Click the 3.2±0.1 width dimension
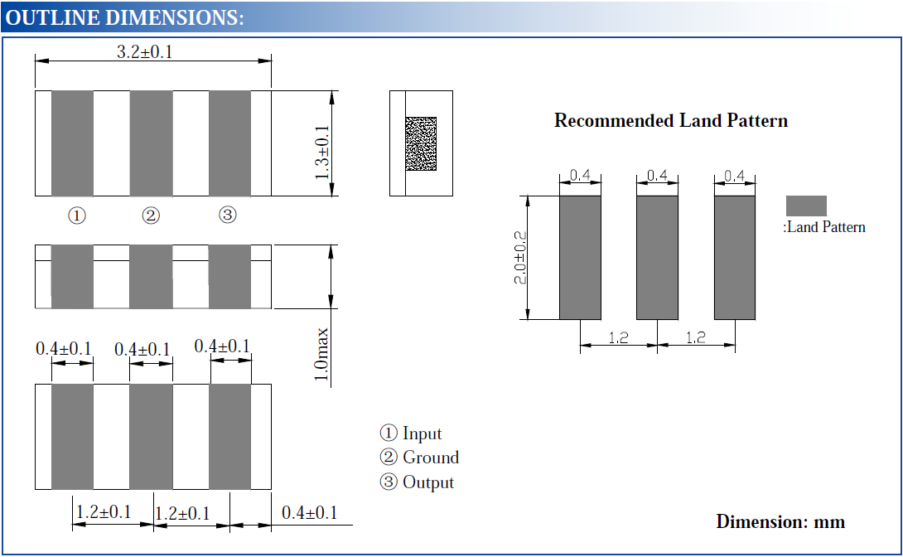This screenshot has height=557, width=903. tap(144, 52)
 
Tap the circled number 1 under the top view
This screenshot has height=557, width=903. tap(76, 216)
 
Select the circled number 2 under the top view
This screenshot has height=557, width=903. tap(151, 216)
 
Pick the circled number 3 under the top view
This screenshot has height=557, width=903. tap(227, 216)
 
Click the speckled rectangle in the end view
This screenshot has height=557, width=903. tap(421, 144)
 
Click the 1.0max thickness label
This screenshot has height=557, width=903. tap(321, 356)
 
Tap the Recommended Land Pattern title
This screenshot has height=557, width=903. tap(670, 121)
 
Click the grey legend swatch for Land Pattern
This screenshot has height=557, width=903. tap(806, 206)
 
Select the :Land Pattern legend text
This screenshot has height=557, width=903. tap(824, 227)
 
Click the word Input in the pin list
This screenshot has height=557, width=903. tap(422, 433)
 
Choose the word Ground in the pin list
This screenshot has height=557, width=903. tap(430, 458)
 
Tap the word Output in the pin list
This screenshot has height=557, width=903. tap(427, 482)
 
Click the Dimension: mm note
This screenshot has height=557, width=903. tap(780, 521)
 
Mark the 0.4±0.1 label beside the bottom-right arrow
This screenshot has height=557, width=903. tap(309, 513)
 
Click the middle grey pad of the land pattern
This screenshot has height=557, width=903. tap(657, 257)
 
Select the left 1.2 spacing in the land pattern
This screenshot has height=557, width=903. tap(619, 338)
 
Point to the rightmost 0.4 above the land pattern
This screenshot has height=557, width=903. tap(735, 176)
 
